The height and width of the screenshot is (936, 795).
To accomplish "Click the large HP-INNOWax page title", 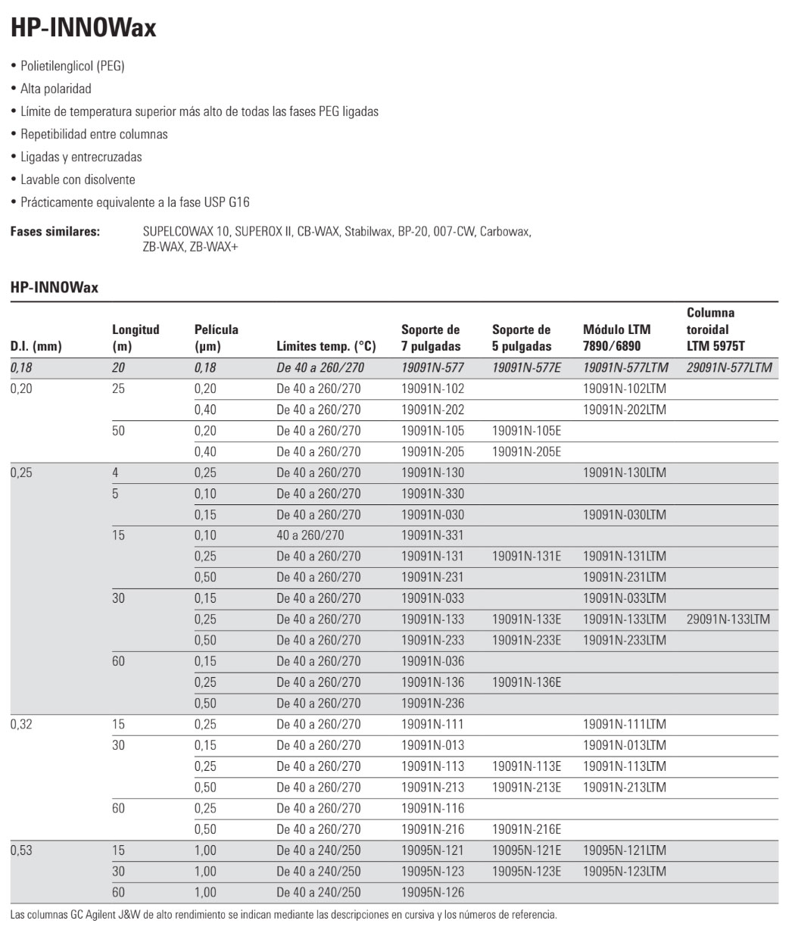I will click(83, 28).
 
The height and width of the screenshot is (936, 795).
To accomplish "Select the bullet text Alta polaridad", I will click(56, 89).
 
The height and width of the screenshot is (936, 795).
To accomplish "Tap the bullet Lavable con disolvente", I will click(78, 179).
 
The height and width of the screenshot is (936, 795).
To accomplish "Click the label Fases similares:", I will click(55, 231).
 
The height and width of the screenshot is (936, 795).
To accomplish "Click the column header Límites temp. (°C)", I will click(326, 346).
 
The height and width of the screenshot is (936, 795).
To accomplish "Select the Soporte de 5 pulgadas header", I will click(522, 338).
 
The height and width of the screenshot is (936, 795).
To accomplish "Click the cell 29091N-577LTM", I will click(729, 367).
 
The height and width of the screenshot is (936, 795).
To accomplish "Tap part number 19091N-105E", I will click(526, 430).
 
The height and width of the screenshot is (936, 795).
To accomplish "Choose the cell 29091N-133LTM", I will click(728, 619).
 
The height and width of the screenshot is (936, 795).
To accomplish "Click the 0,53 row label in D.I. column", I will click(21, 850).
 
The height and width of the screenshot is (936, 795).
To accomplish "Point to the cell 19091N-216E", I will click(526, 829).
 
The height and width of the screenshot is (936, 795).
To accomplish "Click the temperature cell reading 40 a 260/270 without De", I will click(310, 535).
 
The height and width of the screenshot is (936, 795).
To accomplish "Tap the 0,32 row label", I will click(21, 724).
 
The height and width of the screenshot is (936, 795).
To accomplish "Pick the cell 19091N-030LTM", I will click(625, 514).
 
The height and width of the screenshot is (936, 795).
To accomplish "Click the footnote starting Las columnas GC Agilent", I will click(283, 914).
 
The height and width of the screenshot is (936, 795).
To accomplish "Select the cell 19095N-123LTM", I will click(625, 871).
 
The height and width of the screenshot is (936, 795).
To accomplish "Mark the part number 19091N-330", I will click(432, 493).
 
